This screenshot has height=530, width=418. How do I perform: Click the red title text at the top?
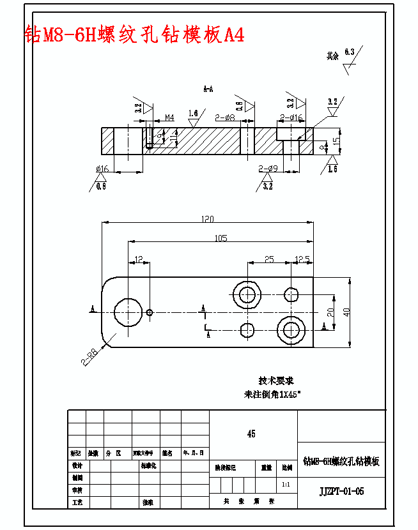coord(134,34)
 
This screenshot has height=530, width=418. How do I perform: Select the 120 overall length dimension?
coord(207,219)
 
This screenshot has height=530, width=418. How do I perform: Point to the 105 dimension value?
coord(221,238)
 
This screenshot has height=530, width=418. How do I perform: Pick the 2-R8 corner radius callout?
coord(89,356)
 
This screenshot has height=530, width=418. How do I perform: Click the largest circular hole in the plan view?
coord(128,312)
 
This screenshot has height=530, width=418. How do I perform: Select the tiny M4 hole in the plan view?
coord(150,312)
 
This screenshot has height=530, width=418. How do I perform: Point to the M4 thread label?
coord(169,117)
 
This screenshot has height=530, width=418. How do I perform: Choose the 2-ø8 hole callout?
coord(225,117)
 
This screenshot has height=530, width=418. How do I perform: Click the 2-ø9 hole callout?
coord(267,169)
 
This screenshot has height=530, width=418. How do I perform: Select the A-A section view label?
coord(208,89)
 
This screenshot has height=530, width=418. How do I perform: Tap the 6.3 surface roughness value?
coord(349,51)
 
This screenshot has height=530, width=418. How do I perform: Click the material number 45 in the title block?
coord(251,434)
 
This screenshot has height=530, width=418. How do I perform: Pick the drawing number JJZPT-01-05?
coord(341,491)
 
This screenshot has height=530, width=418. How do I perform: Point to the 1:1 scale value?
coord(286,485)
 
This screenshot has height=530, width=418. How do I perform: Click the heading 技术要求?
coord(276,381)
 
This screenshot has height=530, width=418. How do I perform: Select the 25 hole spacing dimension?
coord(269,259)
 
